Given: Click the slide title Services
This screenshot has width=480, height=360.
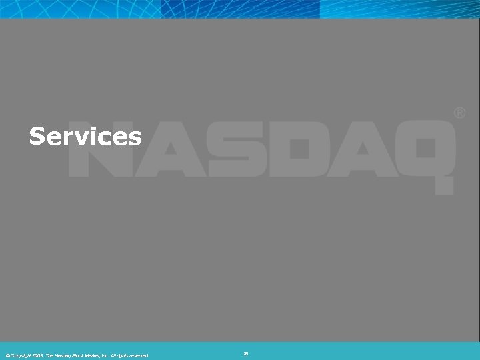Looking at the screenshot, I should coord(85,137).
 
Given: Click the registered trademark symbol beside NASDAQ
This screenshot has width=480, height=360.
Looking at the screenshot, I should coord(460,114).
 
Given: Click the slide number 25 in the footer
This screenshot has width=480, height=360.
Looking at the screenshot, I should coord(245,354).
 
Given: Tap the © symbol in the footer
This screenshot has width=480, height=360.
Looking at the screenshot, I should coord(7,355).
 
